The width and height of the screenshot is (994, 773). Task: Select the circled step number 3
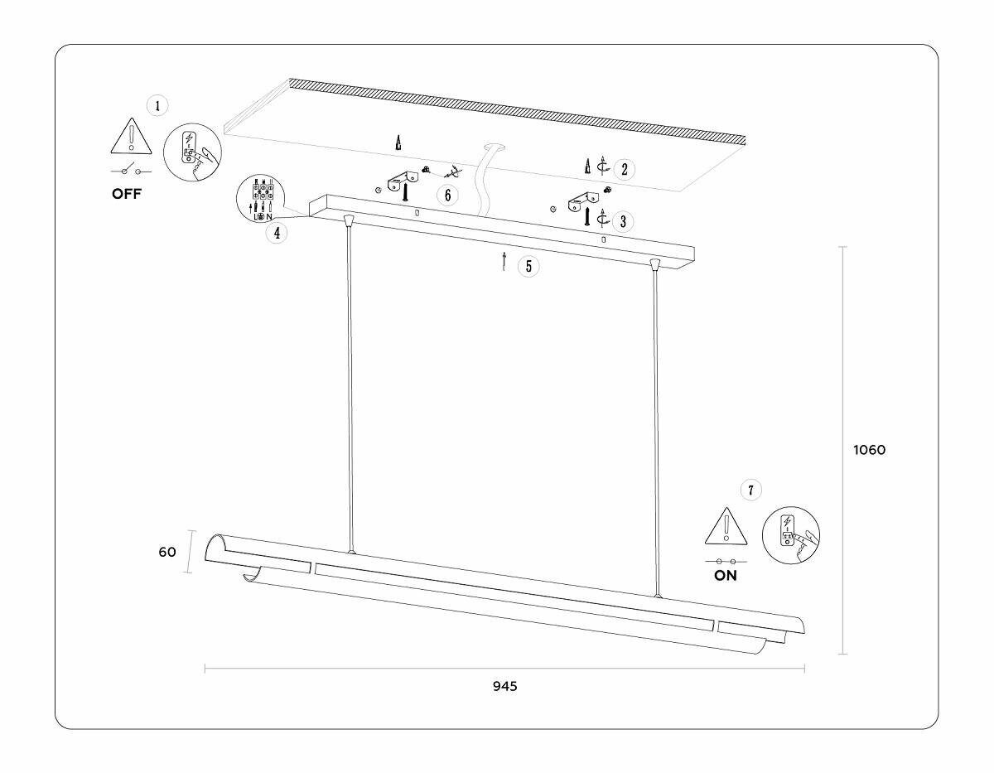[x=623, y=221]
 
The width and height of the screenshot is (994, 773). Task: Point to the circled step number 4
[x=277, y=233]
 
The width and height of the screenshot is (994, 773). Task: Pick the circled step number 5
[x=528, y=266]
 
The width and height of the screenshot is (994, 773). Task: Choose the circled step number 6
[x=447, y=196]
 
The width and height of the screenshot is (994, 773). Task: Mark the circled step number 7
[x=750, y=490]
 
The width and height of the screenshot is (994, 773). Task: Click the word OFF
[x=127, y=195]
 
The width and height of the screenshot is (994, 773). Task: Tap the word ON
[x=725, y=576]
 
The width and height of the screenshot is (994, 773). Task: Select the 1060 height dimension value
[x=870, y=450]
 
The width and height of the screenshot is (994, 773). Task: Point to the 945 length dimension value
[x=504, y=686]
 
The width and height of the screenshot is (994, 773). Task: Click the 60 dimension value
[x=167, y=552]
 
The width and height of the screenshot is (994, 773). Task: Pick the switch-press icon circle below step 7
[x=790, y=536]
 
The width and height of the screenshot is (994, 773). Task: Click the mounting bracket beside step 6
[x=403, y=179]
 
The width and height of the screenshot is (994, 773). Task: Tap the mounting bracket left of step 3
[x=583, y=200]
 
